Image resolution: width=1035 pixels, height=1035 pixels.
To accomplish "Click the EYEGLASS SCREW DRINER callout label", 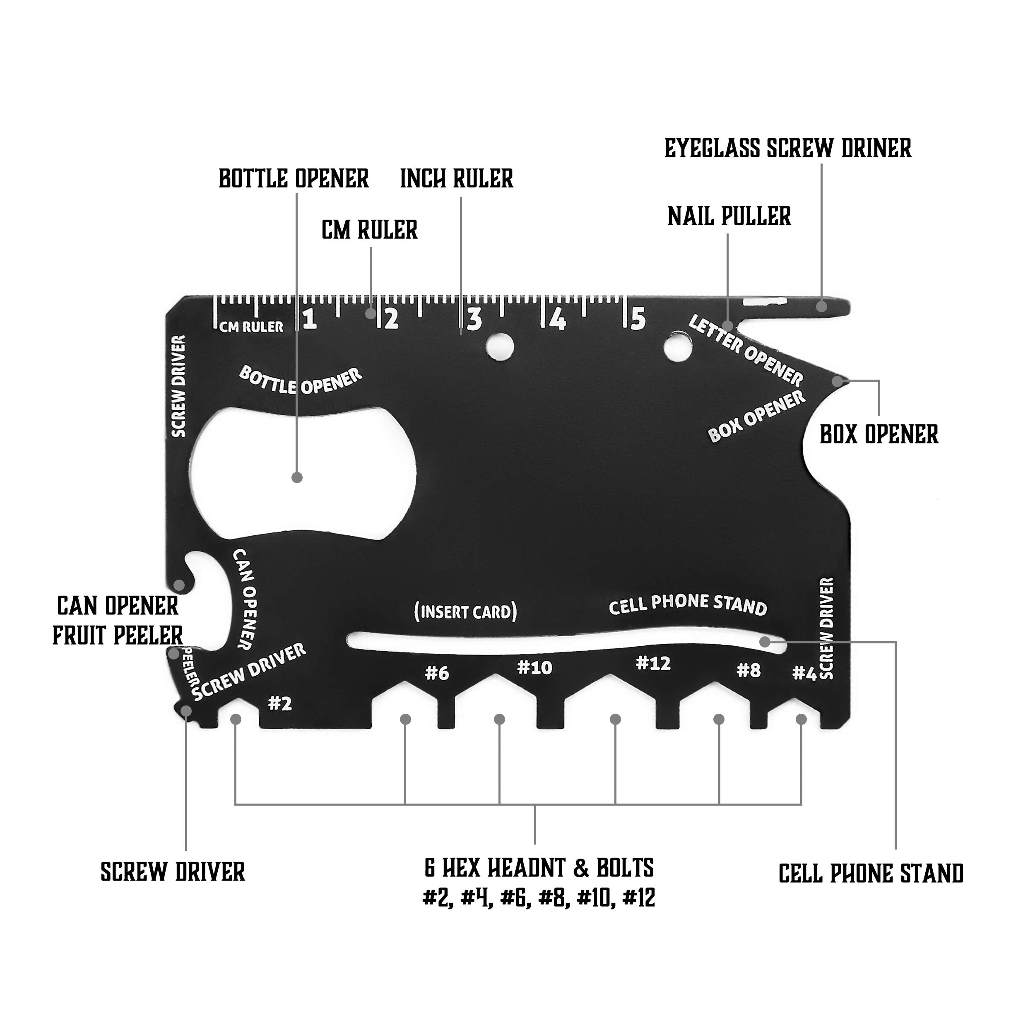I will [787, 148].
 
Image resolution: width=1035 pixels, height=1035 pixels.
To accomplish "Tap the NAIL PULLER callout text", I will [729, 217].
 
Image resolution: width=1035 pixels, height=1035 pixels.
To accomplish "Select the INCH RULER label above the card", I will [456, 179].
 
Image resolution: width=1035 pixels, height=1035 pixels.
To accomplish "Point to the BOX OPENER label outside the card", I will [879, 434].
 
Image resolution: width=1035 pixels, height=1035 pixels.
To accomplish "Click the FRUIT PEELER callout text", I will [118, 636].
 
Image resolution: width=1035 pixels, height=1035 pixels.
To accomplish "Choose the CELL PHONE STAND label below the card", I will [871, 874].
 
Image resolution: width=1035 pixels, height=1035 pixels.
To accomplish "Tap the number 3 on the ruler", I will [474, 320].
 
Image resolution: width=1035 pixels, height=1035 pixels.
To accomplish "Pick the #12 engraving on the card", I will [653, 664].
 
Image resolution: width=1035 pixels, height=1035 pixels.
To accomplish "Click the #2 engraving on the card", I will [279, 703].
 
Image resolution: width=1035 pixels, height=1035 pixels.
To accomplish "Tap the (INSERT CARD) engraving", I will [465, 612].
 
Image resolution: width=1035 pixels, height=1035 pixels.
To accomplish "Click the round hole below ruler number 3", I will [500, 346].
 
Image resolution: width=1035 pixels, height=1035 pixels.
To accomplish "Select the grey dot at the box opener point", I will [837, 381].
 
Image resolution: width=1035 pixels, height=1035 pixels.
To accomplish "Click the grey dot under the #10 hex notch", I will [499, 719].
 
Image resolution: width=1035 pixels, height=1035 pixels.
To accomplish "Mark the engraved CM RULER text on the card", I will [251, 327].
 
